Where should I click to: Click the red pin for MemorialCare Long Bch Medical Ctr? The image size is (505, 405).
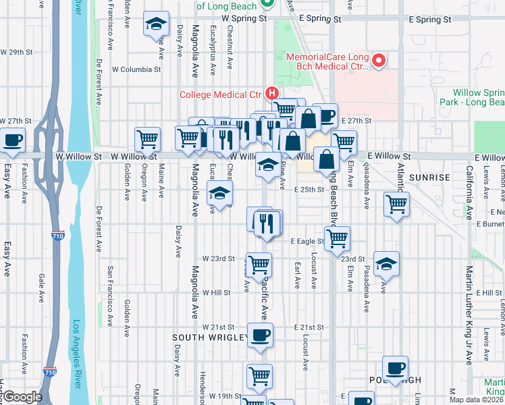point(378,61)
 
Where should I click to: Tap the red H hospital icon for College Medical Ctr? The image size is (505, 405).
point(272,93)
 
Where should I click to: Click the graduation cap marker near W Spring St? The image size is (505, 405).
point(156,24)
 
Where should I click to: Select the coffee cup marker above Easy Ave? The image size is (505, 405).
point(12,140)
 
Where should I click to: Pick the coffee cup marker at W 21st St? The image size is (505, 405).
point(259,335)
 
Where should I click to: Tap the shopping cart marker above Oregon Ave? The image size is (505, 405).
point(147,139)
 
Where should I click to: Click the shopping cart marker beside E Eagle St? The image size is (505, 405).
point(338,238)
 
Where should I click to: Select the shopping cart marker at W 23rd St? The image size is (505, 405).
point(259,265)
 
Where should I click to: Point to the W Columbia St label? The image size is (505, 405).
point(137,69)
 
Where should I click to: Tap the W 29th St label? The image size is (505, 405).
point(17,52)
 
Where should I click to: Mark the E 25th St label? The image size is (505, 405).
point(309,190)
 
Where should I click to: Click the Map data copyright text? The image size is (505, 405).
point(476,400)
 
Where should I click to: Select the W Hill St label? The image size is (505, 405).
point(217,293)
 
